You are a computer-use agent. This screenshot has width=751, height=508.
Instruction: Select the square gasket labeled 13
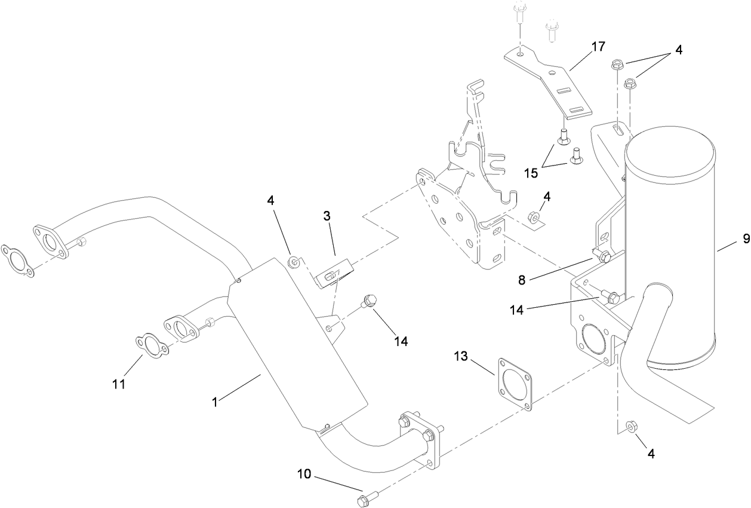[514, 384]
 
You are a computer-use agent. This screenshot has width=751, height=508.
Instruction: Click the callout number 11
[119, 384]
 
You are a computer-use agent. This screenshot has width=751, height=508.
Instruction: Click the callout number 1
[217, 403]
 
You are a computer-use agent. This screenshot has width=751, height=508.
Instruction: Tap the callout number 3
[328, 216]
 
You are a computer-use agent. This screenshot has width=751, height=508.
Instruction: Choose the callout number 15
[531, 173]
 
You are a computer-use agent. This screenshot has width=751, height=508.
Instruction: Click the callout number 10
[304, 475]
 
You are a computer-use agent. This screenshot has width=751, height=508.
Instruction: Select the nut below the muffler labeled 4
[631, 427]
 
